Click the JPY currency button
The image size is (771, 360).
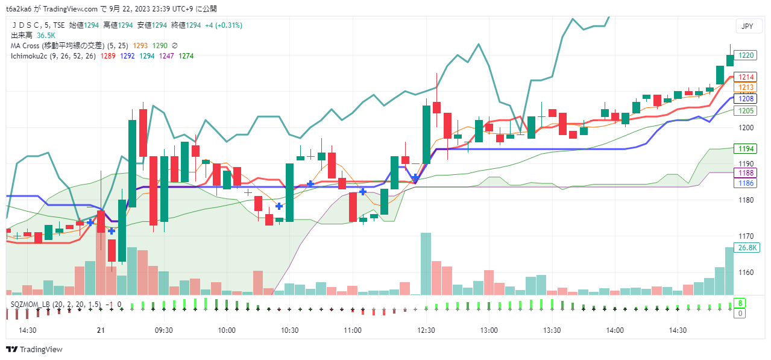point(747,26)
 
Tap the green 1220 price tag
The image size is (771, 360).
point(747,55)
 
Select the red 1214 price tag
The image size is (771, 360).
point(747,77)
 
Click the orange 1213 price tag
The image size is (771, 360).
point(747,87)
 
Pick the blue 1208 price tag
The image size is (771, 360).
point(747,98)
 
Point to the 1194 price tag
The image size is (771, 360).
point(747,148)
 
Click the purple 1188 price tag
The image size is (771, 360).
point(747,173)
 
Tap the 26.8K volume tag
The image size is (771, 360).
point(748,247)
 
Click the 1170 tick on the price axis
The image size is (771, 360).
point(747,236)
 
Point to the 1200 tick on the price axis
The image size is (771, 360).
point(747,127)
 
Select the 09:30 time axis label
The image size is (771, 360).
point(164,330)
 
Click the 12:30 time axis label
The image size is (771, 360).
point(426,330)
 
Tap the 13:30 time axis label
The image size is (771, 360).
point(552,330)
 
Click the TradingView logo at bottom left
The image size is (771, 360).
point(34,349)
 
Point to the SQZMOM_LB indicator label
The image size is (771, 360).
point(30,305)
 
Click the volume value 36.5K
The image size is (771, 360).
point(46,36)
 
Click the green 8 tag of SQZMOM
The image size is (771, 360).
point(740,303)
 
